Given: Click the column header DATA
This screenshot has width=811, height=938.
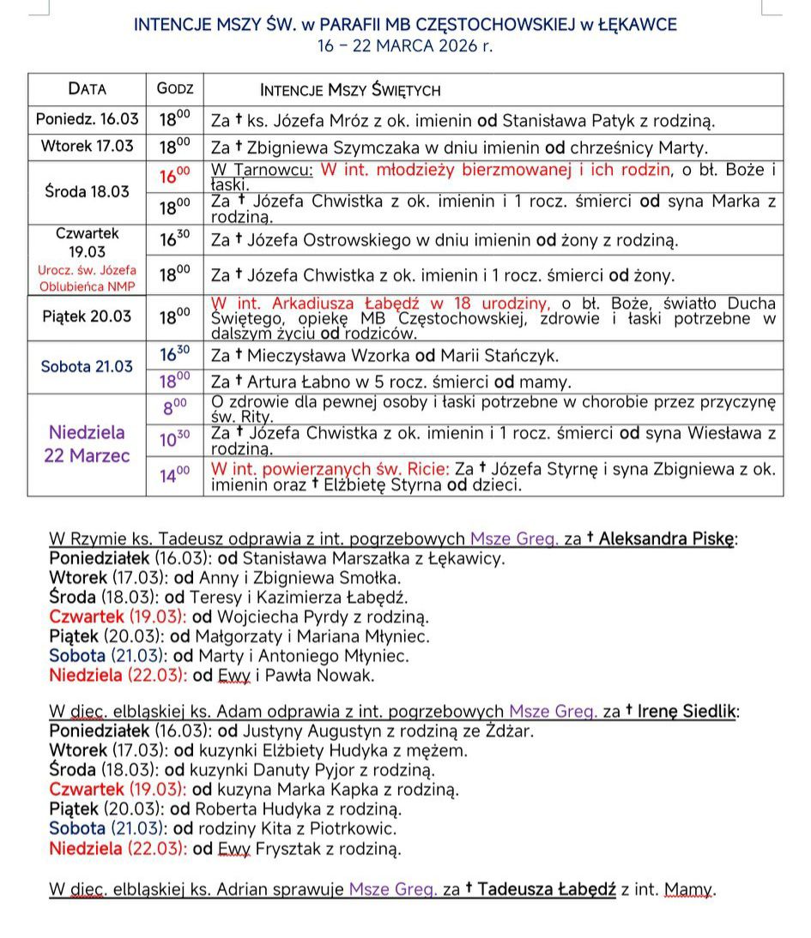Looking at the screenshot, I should pyautogui.click(x=88, y=89).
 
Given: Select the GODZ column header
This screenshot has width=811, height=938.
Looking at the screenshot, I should pyautogui.click(x=175, y=89).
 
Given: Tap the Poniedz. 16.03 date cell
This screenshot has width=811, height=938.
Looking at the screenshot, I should pyautogui.click(x=88, y=120).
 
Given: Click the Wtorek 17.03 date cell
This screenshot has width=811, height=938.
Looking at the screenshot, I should pyautogui.click(x=88, y=146).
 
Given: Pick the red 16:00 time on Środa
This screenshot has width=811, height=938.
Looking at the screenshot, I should pyautogui.click(x=175, y=176).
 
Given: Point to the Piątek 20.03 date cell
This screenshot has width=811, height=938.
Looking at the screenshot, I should pyautogui.click(x=88, y=316).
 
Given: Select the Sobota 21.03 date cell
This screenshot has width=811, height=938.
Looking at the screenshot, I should pyautogui.click(x=88, y=366).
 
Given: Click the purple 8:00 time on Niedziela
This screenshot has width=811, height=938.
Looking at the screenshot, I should pyautogui.click(x=175, y=408).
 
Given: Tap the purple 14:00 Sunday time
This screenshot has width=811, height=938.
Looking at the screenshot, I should pyautogui.click(x=175, y=473).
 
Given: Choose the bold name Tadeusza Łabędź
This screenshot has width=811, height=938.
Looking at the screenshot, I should pyautogui.click(x=546, y=889).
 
